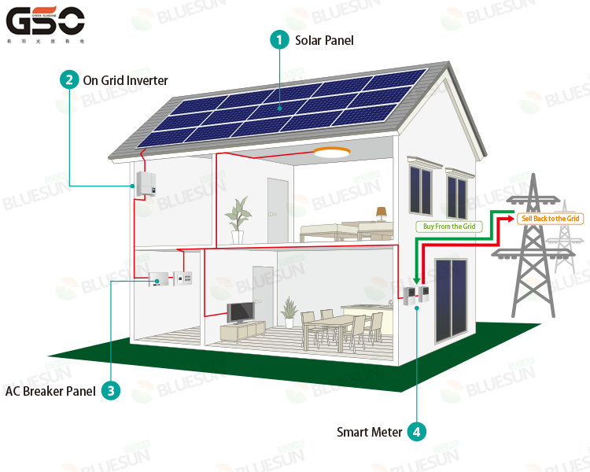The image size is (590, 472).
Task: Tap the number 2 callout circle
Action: pyautogui.click(x=69, y=79)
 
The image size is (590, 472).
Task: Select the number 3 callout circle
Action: pyautogui.click(x=110, y=390)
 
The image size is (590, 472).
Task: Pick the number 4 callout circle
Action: pyautogui.click(x=417, y=431)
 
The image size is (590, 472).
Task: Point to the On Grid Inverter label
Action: pyautogui.click(x=125, y=80)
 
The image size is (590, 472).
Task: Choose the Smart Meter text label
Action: pyautogui.click(x=369, y=432)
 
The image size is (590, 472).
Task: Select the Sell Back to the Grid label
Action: pyautogui.click(x=550, y=218)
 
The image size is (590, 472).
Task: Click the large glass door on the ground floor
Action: pyautogui.click(x=451, y=300)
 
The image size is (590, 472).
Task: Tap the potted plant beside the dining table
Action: pyautogui.click(x=289, y=312)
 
